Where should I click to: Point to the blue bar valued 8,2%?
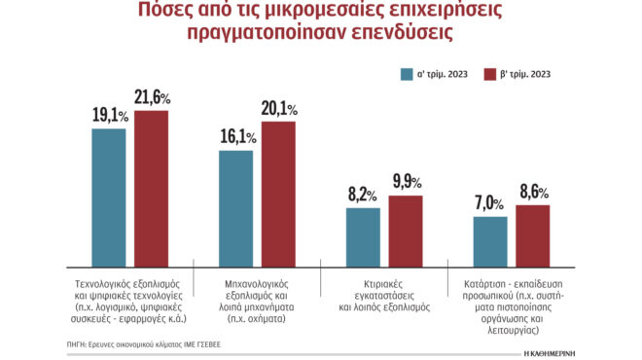(x=364, y=235)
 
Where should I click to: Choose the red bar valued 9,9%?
(x=406, y=230)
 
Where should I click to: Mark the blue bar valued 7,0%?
(x=490, y=240)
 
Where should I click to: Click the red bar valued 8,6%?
(x=532, y=234)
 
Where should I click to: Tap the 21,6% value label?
(x=151, y=97)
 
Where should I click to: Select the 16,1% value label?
(x=237, y=137)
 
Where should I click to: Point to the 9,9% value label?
(x=407, y=182)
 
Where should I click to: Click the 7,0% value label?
(x=489, y=203)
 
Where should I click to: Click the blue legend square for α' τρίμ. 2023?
(x=407, y=73)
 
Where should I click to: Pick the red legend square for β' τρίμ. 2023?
(x=489, y=73)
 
